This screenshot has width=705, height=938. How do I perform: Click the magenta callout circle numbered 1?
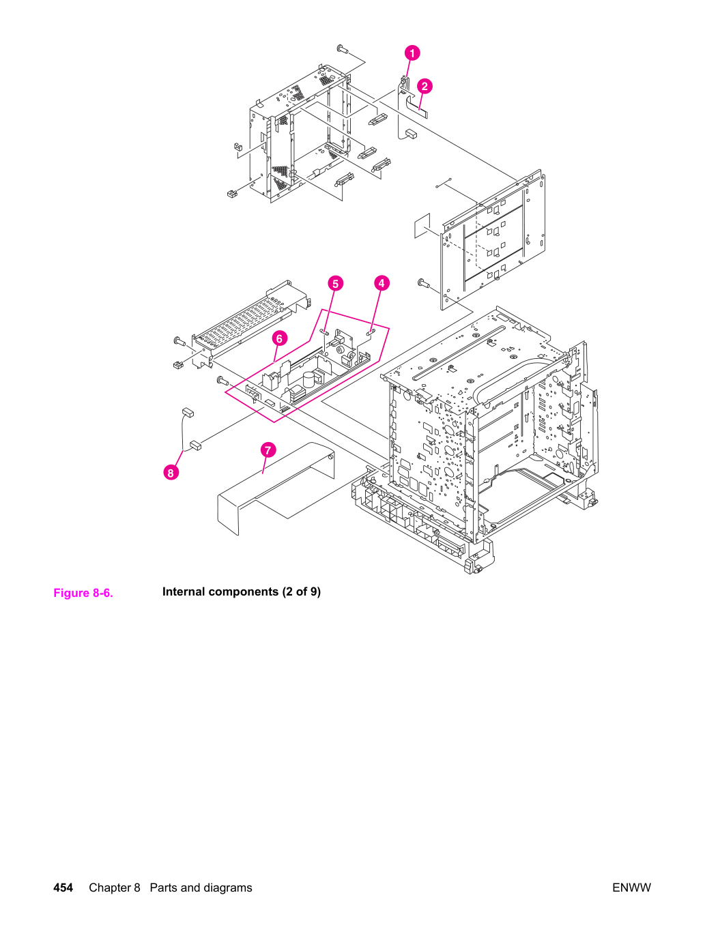coord(412,53)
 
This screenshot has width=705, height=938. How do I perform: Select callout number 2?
coord(425,87)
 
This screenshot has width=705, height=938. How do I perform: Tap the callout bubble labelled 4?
coord(382,283)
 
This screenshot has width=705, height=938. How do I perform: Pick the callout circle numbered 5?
coord(336,283)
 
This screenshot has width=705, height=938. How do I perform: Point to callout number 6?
coord(280,338)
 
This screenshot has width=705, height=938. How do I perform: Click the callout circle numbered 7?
coord(268,450)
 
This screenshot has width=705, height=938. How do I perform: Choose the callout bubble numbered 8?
coord(171,473)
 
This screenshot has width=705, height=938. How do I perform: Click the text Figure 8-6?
coord(83,593)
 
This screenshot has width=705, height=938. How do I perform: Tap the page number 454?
coord(63,888)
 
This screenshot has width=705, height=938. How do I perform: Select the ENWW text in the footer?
coord(631,888)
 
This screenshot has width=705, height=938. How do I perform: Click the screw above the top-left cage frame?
coord(343,49)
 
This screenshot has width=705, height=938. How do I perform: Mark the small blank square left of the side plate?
coord(422,225)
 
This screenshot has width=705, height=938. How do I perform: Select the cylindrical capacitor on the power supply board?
coord(308,379)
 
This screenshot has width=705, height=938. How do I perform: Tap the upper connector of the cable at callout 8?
coord(188,412)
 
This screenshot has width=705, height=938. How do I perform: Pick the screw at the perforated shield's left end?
coord(179,341)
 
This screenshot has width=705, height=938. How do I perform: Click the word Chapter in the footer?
coord(115,888)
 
